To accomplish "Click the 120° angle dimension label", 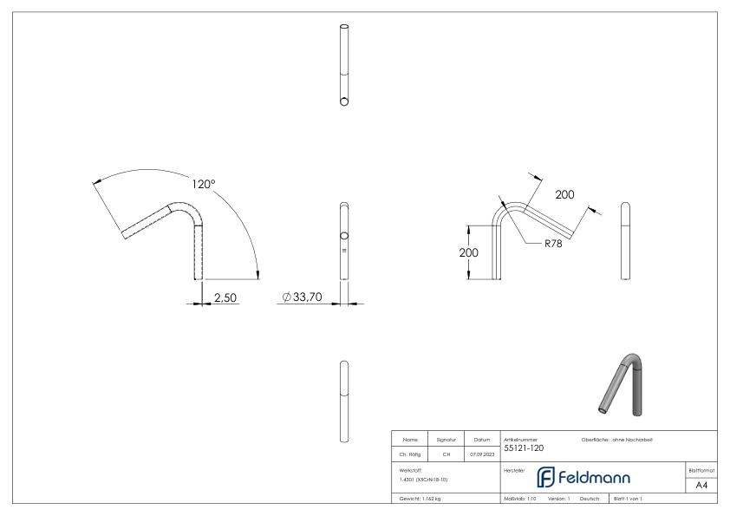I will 205,184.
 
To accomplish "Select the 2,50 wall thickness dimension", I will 225,297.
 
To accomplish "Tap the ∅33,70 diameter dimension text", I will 303,297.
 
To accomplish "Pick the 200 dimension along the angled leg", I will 564,195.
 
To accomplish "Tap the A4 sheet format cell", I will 701,485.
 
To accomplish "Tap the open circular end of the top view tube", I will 344,101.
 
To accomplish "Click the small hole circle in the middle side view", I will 344,237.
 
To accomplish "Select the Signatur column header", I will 447,440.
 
